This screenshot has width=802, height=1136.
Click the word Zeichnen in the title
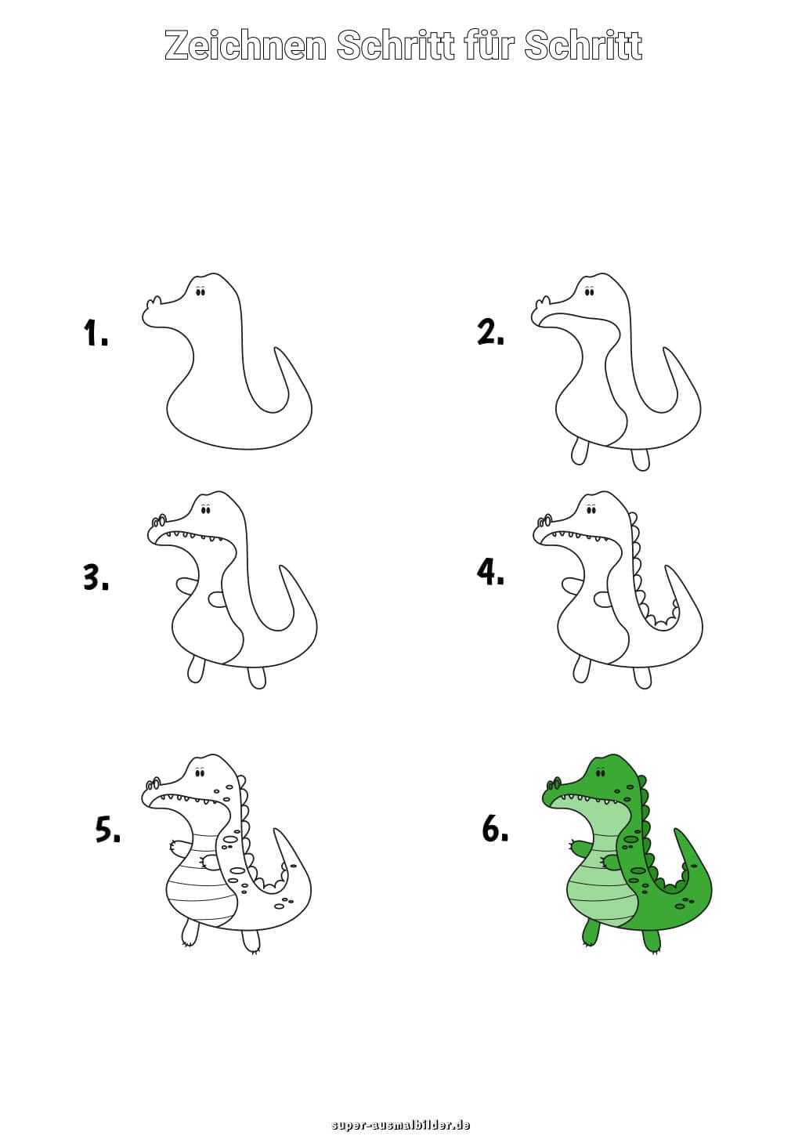(245, 45)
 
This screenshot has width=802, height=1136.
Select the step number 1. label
(96, 333)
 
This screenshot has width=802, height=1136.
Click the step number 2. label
(490, 333)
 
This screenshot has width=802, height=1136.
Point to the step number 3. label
(96, 577)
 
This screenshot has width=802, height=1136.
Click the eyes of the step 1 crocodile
(200, 291)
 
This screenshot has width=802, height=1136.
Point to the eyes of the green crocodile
(600, 773)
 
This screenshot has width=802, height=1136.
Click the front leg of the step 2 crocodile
(579, 450)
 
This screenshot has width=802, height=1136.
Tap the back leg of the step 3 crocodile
(257, 677)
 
